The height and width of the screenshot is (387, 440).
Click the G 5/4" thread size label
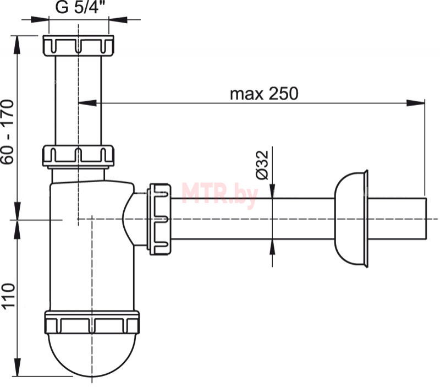click(78, 7)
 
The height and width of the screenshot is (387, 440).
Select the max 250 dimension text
click(264, 94)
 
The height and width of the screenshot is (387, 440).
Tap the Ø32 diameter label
click(262, 165)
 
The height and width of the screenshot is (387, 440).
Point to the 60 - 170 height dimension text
click(8, 132)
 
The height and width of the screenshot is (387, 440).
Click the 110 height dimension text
click(8, 297)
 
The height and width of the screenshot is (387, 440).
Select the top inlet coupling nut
click(79, 45)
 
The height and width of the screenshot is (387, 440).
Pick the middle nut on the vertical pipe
click(78, 156)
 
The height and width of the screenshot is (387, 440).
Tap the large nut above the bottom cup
click(92, 323)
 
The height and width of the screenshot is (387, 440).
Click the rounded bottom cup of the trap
click(92, 355)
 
